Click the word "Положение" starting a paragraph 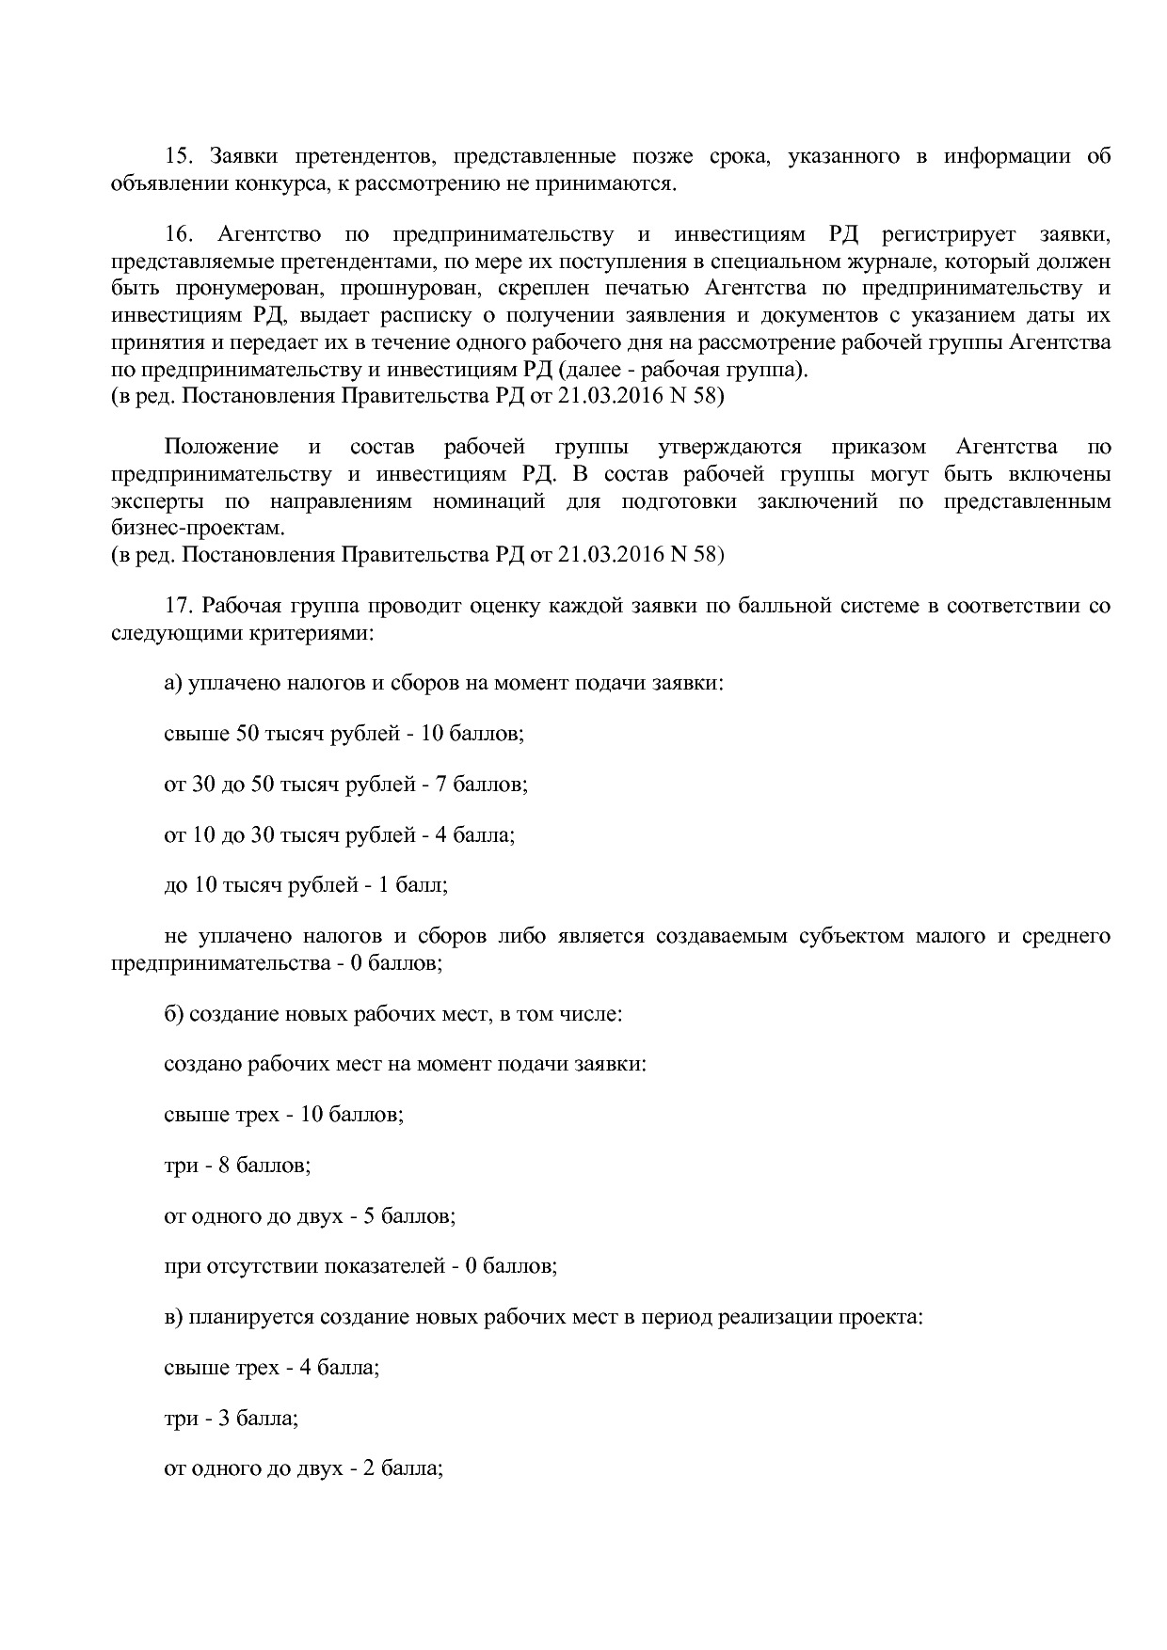click(221, 447)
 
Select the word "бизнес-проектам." click(197, 528)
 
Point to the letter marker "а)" click(173, 683)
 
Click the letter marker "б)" click(174, 1014)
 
